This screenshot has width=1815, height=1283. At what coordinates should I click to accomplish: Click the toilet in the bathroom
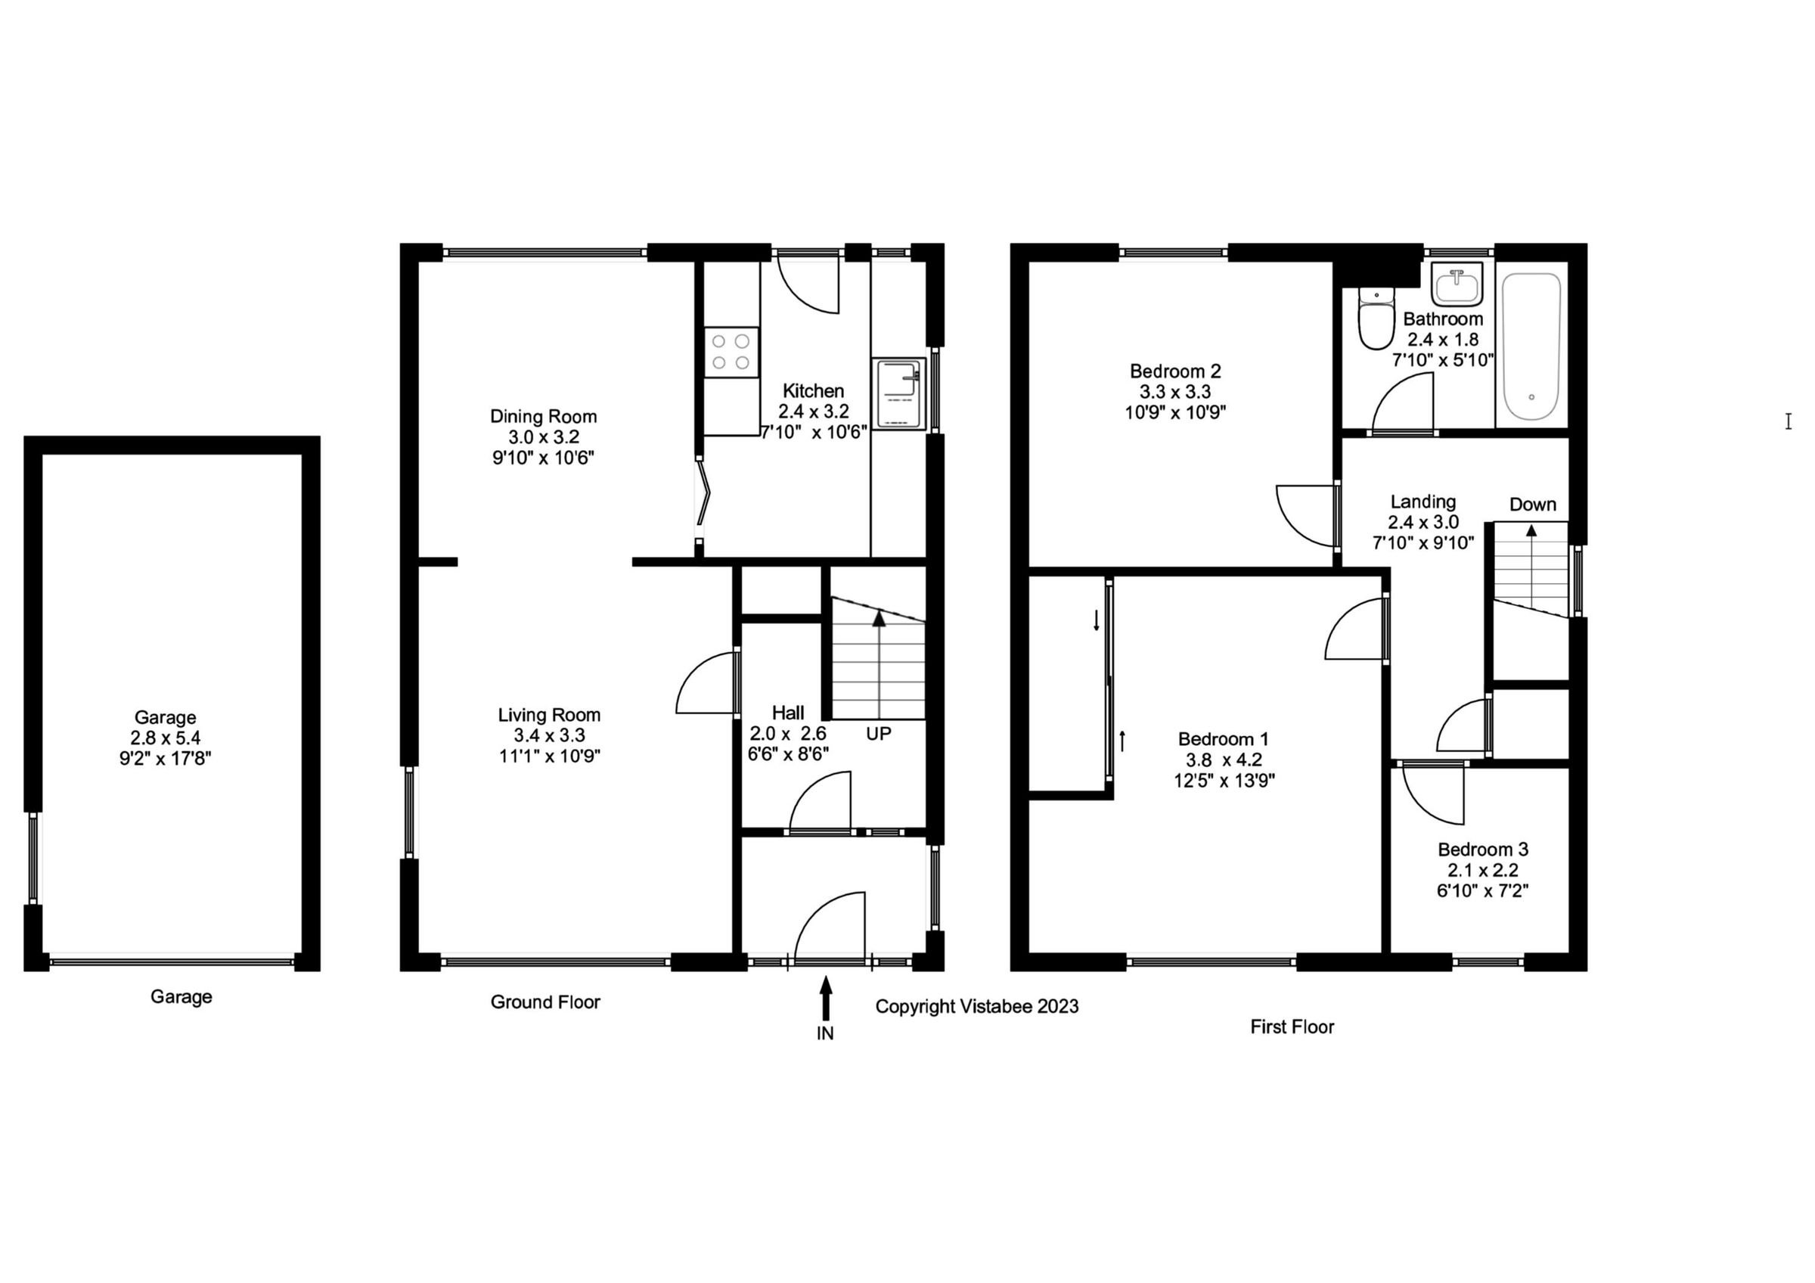click(x=1376, y=321)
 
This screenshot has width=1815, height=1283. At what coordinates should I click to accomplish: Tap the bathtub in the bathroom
click(x=1531, y=346)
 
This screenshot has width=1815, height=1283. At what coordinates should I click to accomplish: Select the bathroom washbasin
click(x=1457, y=285)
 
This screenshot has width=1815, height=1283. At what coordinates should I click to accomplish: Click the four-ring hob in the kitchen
click(x=731, y=353)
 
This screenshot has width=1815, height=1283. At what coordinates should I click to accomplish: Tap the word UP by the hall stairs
click(x=878, y=734)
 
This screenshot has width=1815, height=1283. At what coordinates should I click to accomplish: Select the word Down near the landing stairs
click(x=1532, y=505)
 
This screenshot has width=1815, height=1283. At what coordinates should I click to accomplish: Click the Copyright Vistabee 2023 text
click(x=976, y=1006)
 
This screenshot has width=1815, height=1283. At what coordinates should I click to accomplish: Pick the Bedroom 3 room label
click(x=1482, y=849)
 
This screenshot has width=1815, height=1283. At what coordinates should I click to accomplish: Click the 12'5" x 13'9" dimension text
click(x=1224, y=780)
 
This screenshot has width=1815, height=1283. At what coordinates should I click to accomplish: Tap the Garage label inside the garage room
click(x=164, y=717)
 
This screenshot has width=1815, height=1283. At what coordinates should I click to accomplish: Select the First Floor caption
click(x=1292, y=1027)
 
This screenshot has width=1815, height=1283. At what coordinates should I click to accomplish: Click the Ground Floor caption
click(x=545, y=1002)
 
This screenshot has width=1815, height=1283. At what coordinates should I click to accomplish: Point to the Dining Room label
click(x=543, y=416)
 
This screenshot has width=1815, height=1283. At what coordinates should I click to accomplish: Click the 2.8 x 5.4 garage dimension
click(x=165, y=738)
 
